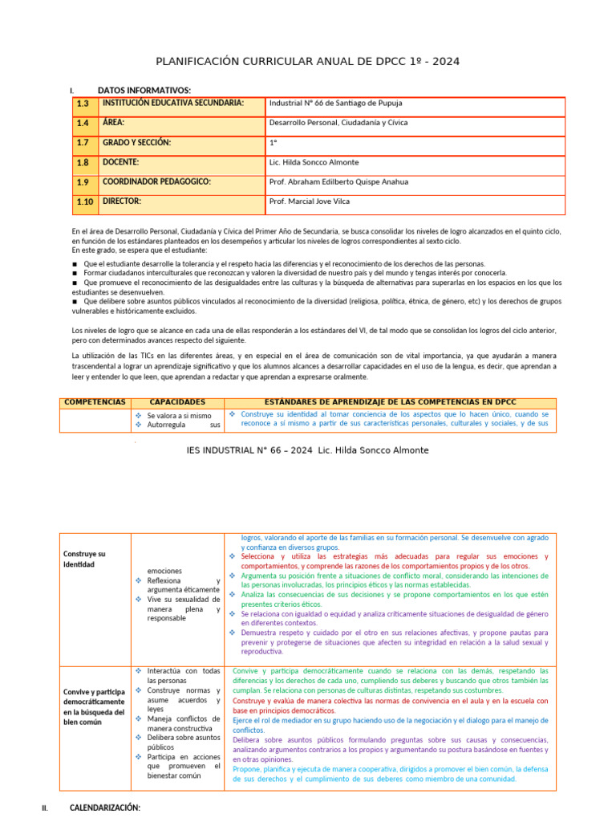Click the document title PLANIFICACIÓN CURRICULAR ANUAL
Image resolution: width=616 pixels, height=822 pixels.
pos(307,63)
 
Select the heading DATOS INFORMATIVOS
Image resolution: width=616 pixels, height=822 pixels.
pos(144,90)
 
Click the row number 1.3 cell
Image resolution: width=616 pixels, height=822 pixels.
pos(83,104)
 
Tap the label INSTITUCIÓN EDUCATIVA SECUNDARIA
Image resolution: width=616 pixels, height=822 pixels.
pos(172,103)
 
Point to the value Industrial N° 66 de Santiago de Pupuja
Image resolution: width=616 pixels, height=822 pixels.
pos(336,104)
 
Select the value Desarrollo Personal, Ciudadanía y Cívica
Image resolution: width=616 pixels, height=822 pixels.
pos(338,123)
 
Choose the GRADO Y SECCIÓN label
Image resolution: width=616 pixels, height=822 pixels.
pos(136,143)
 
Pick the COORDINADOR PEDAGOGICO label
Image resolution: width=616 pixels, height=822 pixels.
pos(156,181)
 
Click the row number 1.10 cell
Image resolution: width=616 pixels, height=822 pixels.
pos(85,201)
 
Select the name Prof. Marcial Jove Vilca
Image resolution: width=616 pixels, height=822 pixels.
pos(310,201)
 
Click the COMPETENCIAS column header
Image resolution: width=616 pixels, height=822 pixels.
pos(95,402)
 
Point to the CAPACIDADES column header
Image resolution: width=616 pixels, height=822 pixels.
pos(177,402)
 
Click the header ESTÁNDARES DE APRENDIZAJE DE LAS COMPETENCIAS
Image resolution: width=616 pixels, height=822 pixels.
pos(391,402)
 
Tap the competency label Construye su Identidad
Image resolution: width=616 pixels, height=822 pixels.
pos(84,560)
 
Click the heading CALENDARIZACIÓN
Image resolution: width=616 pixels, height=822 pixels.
pos(105,807)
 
